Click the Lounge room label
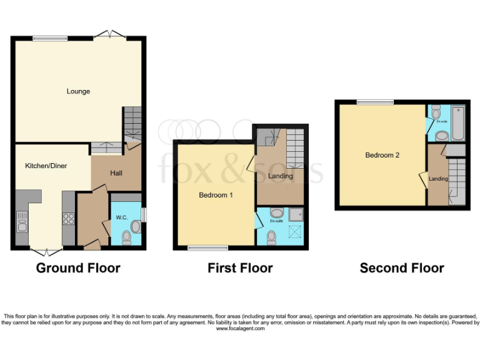[x=78, y=91]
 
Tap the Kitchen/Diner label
[x=46, y=166]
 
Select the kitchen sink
[x=22, y=221]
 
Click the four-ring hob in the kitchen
[x=69, y=219]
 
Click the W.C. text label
[x=122, y=218]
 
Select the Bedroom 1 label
[x=216, y=195]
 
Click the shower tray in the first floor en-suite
[x=296, y=214]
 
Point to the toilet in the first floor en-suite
[x=271, y=237]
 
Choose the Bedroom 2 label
[x=382, y=155]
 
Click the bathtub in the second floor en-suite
[x=458, y=122]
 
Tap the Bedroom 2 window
[x=375, y=101]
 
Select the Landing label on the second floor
[x=438, y=179]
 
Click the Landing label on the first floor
[x=281, y=176]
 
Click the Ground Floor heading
[x=78, y=268]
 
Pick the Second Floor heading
[x=402, y=268]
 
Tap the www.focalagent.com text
[x=240, y=328]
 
